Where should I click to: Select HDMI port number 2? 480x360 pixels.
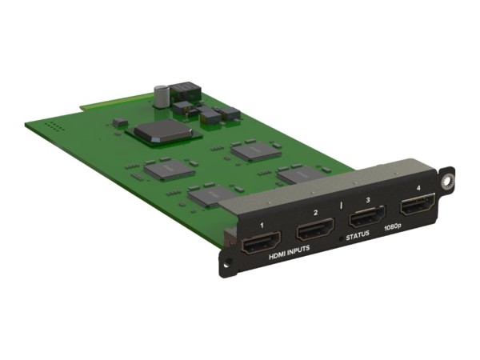314,232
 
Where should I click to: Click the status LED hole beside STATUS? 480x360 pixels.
342,239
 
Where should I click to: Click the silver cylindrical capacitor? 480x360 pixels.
161,94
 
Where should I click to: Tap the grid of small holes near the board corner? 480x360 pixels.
53,126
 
